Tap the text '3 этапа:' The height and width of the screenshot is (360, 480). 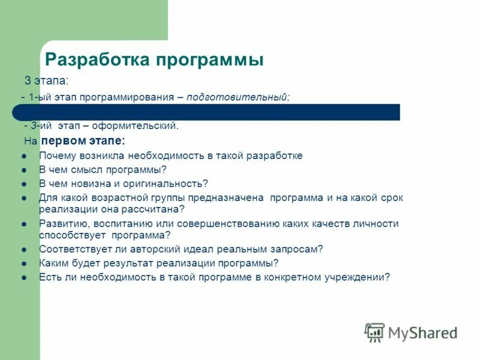46,80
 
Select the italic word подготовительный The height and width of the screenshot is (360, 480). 238,97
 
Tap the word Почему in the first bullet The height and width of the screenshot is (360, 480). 55,156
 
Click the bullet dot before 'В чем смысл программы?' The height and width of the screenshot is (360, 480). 24,170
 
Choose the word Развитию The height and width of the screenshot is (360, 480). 58,223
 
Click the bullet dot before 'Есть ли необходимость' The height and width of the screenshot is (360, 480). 24,277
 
